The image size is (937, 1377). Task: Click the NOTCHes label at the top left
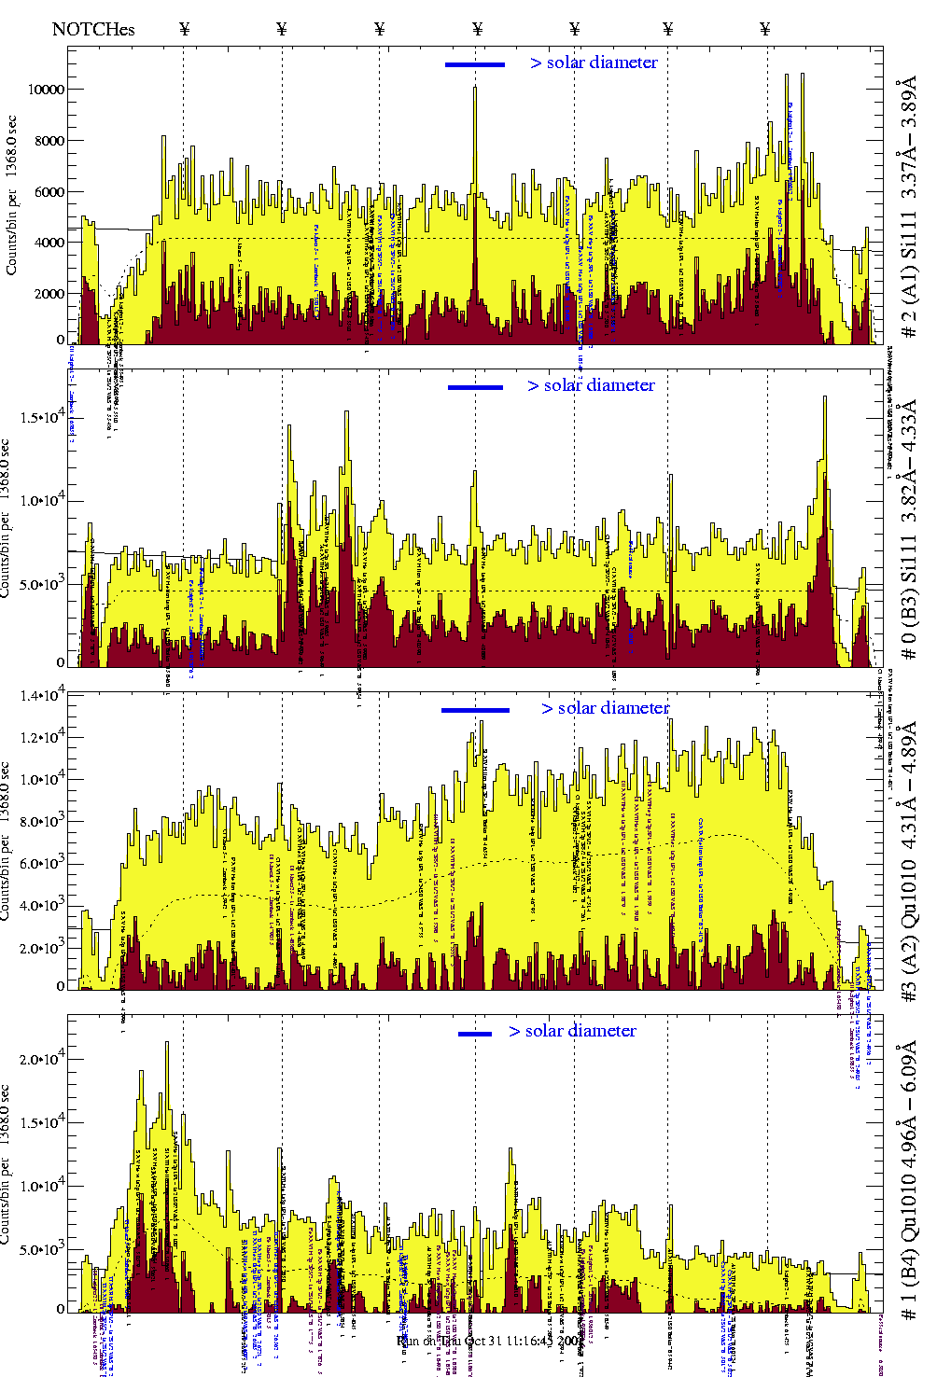coord(93,29)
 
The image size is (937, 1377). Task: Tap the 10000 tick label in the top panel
coord(47,90)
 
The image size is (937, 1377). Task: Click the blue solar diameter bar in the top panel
coord(475,64)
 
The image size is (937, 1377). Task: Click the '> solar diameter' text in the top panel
coord(594,63)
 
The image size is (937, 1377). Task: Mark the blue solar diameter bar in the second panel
coord(475,387)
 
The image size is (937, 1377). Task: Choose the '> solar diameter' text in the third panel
coord(605,708)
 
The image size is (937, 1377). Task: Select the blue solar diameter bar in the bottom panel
coord(475,1034)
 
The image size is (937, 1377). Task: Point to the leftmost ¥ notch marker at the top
coord(184,29)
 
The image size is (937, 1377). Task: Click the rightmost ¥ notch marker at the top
coord(765,29)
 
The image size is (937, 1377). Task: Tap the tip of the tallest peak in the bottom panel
coord(167,1042)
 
